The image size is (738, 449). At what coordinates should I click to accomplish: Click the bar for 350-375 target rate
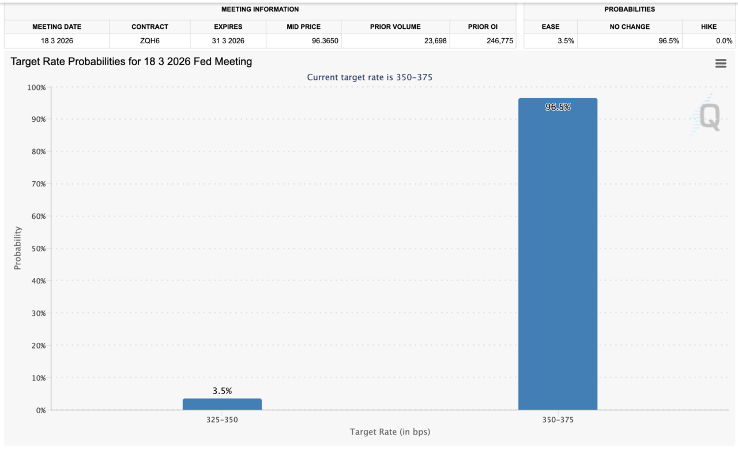(558, 254)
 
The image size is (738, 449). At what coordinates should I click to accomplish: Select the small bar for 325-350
(222, 404)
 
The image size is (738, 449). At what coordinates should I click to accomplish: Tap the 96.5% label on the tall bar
(558, 107)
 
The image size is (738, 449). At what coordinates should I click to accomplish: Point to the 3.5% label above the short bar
(222, 391)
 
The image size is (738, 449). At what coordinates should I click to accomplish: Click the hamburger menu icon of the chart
(721, 63)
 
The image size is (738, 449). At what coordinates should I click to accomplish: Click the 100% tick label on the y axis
(36, 87)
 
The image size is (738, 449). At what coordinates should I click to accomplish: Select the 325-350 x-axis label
(222, 420)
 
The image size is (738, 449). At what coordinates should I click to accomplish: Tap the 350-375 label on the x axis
(558, 420)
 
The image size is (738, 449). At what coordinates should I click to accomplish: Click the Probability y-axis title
(18, 248)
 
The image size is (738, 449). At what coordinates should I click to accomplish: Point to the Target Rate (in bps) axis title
(390, 432)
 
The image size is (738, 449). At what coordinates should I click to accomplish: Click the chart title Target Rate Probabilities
(131, 61)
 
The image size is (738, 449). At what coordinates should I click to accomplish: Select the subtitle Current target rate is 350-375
(370, 77)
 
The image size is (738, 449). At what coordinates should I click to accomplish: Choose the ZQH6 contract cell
(149, 40)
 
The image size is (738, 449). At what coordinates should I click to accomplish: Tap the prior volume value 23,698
(432, 40)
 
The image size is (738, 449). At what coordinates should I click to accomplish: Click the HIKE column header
(709, 27)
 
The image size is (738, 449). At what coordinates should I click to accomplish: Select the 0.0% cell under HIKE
(723, 40)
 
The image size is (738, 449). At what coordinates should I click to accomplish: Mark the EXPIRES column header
(228, 27)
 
